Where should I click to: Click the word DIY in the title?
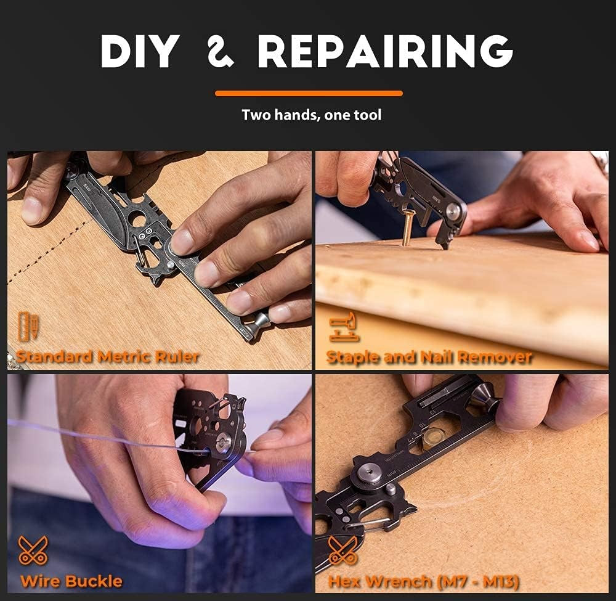[140, 51]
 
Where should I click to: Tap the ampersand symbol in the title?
[221, 51]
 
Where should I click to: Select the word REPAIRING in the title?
[385, 51]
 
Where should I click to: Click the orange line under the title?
[309, 94]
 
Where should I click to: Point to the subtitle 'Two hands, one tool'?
[312, 115]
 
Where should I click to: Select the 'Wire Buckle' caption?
[71, 581]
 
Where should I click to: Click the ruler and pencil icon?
[28, 326]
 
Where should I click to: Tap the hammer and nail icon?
[344, 326]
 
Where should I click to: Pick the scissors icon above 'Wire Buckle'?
[33, 550]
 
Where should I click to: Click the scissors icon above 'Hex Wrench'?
[343, 550]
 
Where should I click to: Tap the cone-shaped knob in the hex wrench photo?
[484, 398]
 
